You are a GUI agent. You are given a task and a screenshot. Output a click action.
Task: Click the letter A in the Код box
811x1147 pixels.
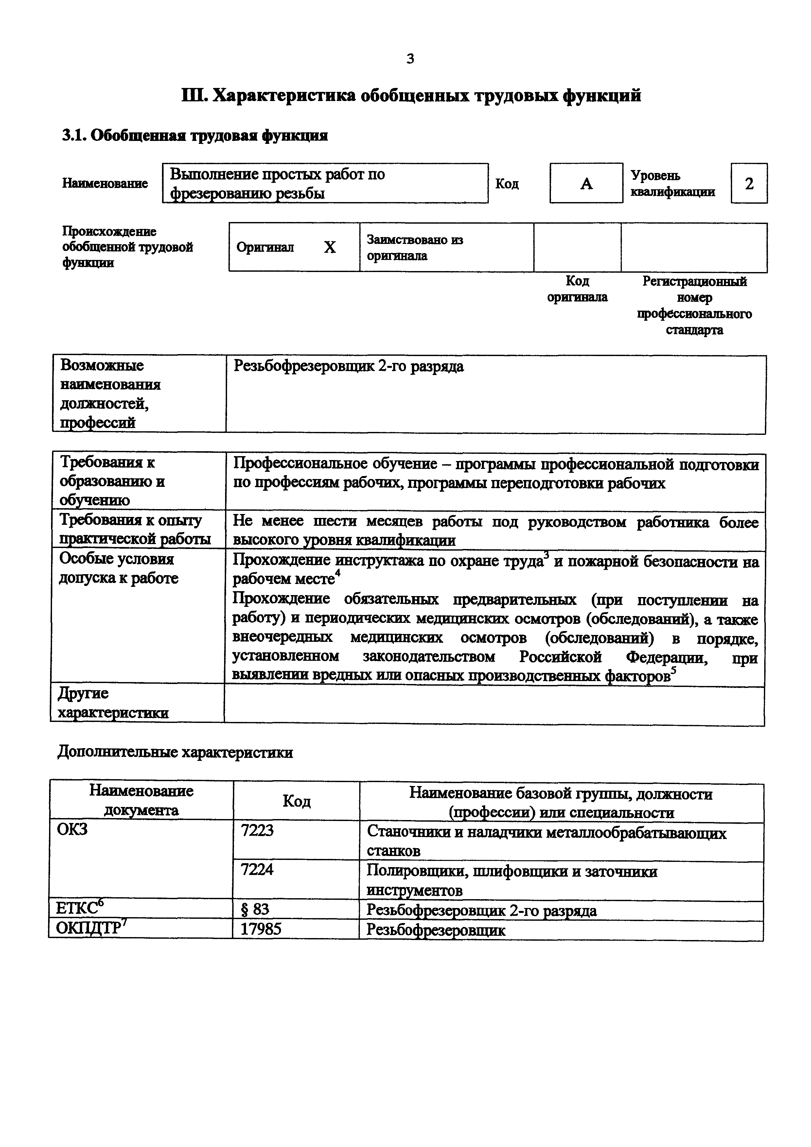click(586, 184)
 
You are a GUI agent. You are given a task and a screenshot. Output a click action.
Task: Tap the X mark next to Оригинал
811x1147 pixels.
click(330, 247)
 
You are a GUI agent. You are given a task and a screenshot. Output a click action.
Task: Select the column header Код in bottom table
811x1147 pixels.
click(296, 801)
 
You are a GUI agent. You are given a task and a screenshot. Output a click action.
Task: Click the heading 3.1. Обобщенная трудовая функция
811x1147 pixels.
click(195, 135)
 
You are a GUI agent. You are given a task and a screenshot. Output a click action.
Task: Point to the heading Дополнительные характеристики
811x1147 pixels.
click(175, 752)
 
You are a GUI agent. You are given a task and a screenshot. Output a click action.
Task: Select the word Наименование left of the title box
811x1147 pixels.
click(105, 183)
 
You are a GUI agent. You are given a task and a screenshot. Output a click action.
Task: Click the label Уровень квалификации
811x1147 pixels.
click(672, 183)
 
